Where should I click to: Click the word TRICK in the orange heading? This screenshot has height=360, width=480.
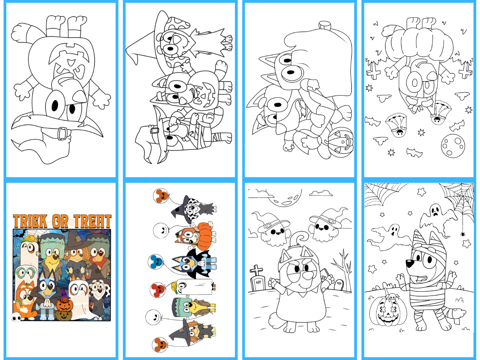pyautogui.click(x=30, y=221)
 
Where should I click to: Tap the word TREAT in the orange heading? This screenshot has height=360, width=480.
pyautogui.click(x=92, y=221)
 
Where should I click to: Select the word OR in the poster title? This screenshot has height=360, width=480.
pyautogui.click(x=60, y=221)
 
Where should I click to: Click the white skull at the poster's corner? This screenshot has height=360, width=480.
pyautogui.click(x=16, y=317)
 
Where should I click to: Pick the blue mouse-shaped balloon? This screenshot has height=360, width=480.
pyautogui.click(x=156, y=262)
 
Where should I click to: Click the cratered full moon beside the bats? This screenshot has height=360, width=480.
pyautogui.click(x=453, y=146)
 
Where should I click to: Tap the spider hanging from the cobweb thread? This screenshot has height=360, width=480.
pyautogui.click(x=462, y=234)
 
